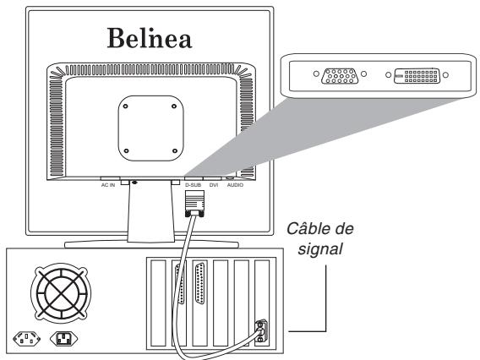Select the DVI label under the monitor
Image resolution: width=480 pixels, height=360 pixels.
[x=214, y=184]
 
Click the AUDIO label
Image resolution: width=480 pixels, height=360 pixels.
[x=234, y=184]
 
